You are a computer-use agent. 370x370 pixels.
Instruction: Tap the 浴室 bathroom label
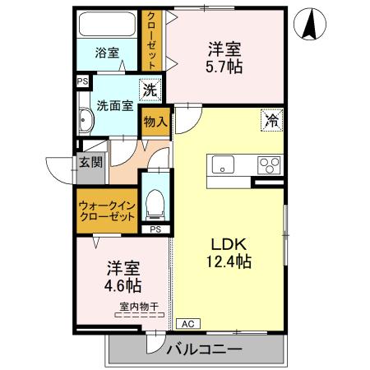tap(107, 52)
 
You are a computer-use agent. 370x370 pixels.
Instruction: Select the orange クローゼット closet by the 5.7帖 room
tap(151, 39)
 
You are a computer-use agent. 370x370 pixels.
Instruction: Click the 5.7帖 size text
tap(224, 67)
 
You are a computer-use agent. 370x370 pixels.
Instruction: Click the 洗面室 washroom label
tap(114, 104)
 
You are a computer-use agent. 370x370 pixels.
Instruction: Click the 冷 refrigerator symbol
tap(271, 119)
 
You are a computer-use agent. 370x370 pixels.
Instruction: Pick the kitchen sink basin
tap(224, 164)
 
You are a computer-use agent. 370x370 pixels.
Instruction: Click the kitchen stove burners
tap(269, 164)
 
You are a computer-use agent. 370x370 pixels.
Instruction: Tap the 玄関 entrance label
tap(90, 162)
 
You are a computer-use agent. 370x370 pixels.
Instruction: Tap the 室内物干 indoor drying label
tap(139, 307)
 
